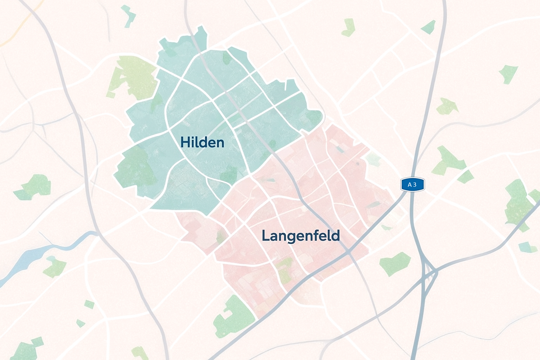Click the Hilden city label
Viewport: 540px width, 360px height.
202,142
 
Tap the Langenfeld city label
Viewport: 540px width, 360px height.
301,236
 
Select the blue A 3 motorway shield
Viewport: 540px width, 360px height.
412,185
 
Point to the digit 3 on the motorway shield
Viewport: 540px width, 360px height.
415,185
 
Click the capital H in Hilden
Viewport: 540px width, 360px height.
185,142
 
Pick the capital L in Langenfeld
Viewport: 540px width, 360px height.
265,236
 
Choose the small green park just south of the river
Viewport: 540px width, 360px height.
54,267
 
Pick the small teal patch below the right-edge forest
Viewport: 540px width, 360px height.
527,247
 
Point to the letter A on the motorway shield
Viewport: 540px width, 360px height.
409,185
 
